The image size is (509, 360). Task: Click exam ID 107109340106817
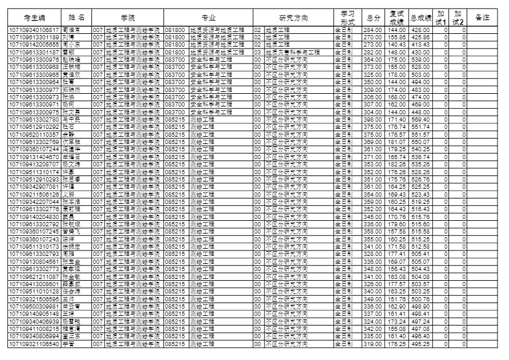click(x=34, y=30)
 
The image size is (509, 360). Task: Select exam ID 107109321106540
click(x=34, y=344)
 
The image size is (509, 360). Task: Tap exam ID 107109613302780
click(x=34, y=119)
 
